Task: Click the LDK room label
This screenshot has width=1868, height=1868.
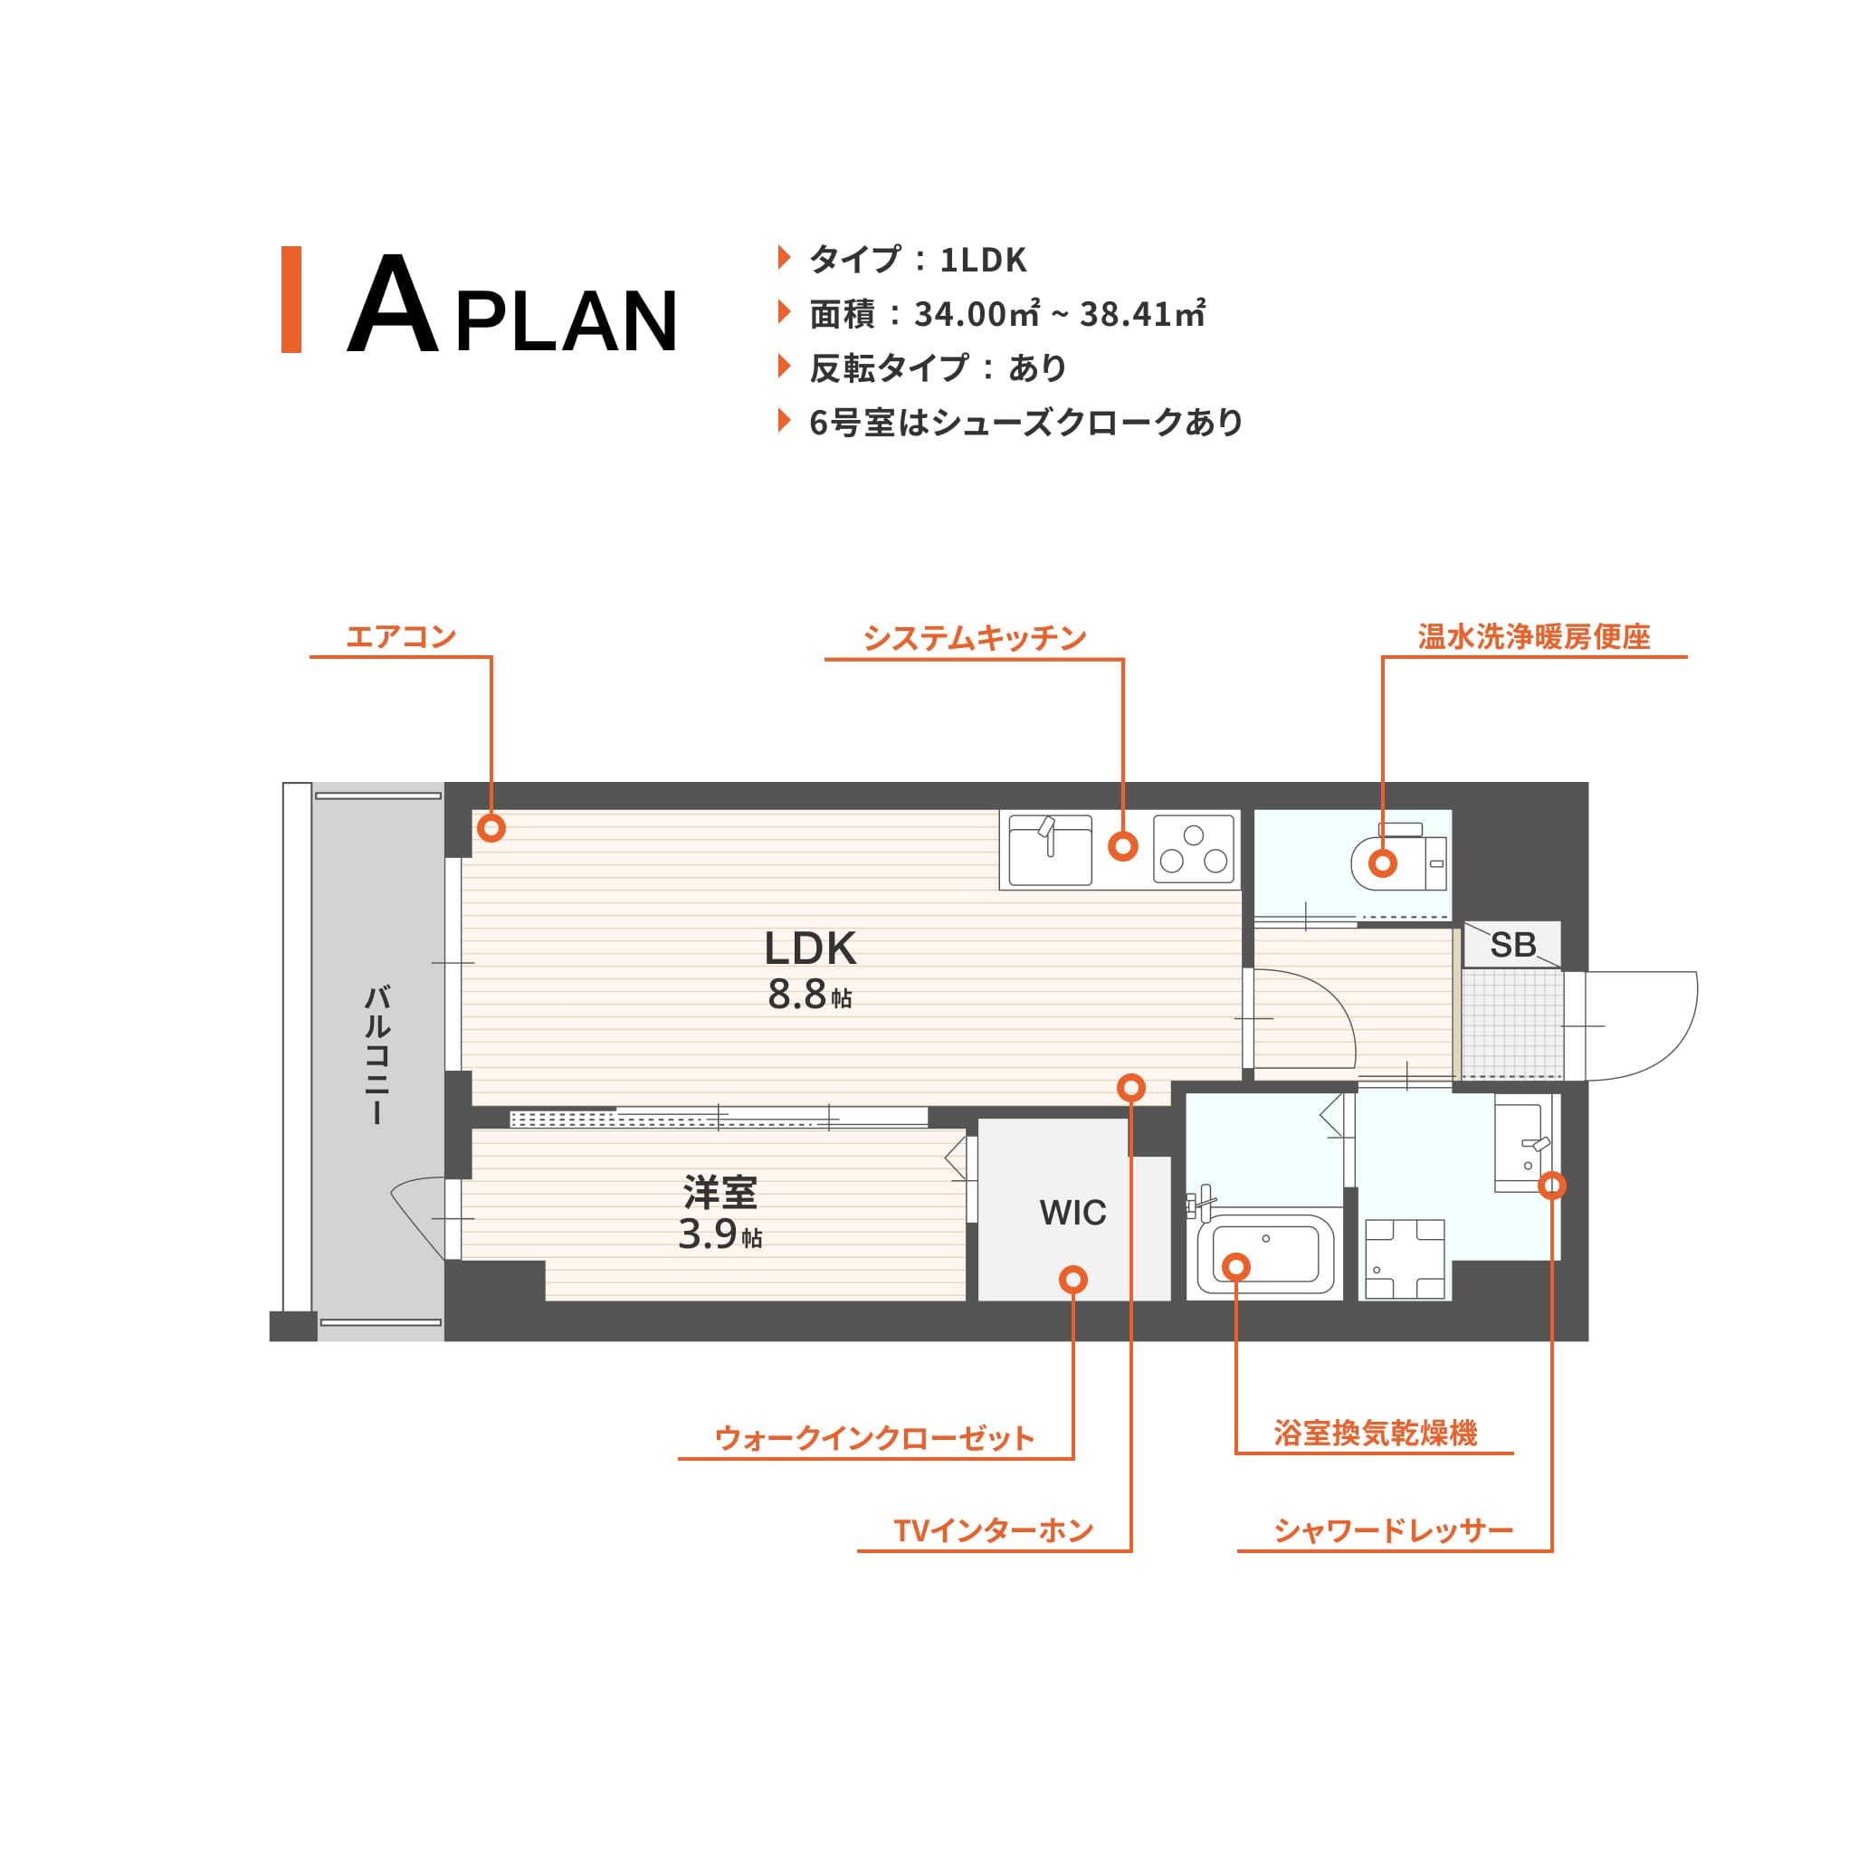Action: point(810,948)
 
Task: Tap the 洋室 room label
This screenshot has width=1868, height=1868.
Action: point(720,1192)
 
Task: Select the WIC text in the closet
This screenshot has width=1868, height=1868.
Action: point(1073,1213)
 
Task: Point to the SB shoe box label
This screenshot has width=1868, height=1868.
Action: point(1513,945)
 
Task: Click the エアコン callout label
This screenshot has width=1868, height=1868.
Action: point(401,636)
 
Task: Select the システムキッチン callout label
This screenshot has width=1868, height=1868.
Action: point(975,638)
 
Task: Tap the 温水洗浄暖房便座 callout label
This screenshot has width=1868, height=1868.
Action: point(1534,636)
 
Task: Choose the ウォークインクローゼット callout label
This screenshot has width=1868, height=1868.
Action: point(875,1438)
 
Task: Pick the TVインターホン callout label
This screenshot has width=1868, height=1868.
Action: point(994,1530)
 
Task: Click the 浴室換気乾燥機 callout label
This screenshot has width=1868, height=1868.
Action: point(1376,1433)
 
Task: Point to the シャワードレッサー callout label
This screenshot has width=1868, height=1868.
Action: point(1393,1530)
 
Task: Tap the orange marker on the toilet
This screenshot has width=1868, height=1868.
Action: point(1383,863)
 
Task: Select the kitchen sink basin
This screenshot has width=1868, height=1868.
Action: point(1050,850)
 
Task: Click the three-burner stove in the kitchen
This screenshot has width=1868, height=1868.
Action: point(1194,849)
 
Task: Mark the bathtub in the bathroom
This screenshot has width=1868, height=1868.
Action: point(1265,1254)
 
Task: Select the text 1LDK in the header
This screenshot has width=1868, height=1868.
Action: point(983,259)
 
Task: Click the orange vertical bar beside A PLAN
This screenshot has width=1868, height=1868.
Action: point(291,300)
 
